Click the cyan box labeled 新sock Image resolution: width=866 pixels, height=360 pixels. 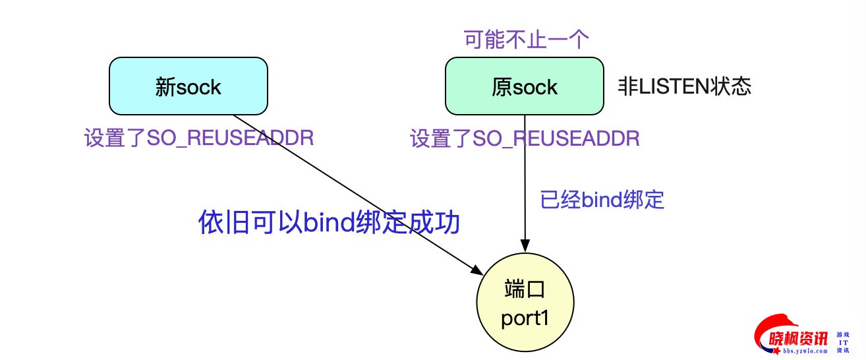[188, 86]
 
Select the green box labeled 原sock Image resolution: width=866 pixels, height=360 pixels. [524, 86]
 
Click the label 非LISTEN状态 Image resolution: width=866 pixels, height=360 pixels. [685, 87]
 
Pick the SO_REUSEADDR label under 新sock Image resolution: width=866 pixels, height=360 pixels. [198, 138]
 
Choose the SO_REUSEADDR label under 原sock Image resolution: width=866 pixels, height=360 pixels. [525, 138]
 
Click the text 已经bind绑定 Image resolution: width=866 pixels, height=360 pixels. [602, 200]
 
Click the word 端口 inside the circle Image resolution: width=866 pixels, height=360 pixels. [525, 290]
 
